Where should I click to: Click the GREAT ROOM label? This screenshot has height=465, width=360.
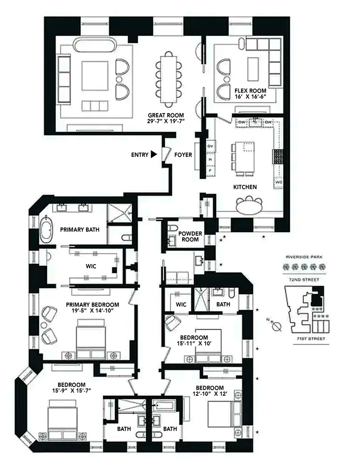click(x=166, y=115)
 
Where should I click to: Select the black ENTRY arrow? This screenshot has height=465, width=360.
click(x=154, y=155)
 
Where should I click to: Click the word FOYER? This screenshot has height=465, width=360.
click(x=183, y=155)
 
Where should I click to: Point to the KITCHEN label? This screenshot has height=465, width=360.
click(x=245, y=187)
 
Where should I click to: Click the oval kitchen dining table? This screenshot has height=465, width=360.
click(x=249, y=206)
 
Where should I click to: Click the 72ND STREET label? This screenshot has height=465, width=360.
click(x=304, y=279)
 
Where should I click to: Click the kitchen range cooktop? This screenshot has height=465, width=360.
click(x=279, y=157)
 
